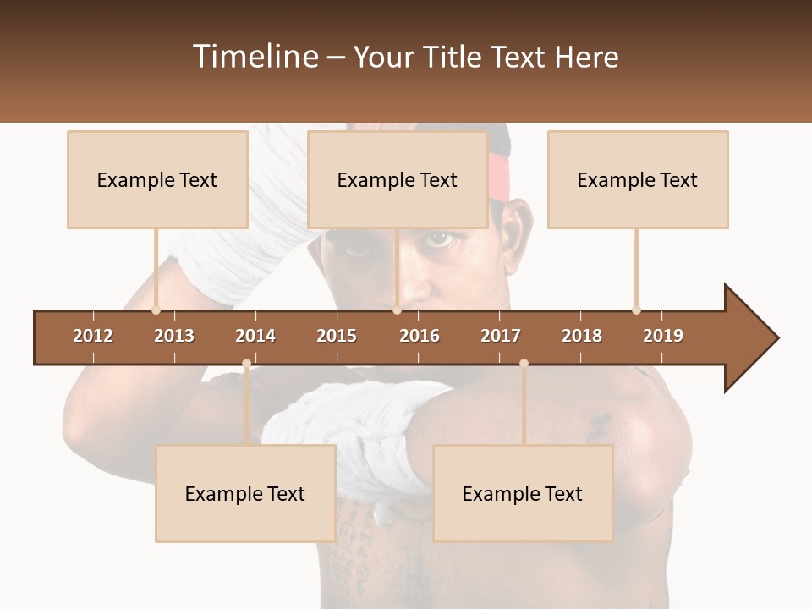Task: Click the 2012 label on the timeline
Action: click(93, 336)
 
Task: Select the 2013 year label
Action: click(174, 336)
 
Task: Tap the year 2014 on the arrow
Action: click(255, 336)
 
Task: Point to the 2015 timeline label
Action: click(337, 336)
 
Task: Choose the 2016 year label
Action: click(420, 336)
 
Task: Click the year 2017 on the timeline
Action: click(501, 336)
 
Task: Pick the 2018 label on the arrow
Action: click(582, 336)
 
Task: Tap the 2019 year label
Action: click(663, 336)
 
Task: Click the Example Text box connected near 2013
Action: click(157, 179)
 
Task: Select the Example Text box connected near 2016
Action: click(398, 179)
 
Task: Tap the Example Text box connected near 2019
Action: click(638, 179)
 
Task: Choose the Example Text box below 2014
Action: click(245, 493)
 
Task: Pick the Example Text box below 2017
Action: click(523, 493)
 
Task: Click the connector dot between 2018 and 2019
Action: click(636, 310)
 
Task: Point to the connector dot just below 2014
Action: click(246, 364)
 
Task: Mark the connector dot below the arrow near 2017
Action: click(524, 364)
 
